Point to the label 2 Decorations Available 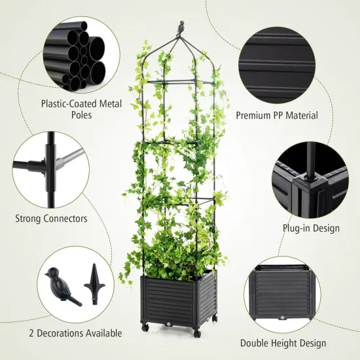[x=66, y=333]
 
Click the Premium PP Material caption [x=277, y=115]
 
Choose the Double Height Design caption [x=283, y=343]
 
